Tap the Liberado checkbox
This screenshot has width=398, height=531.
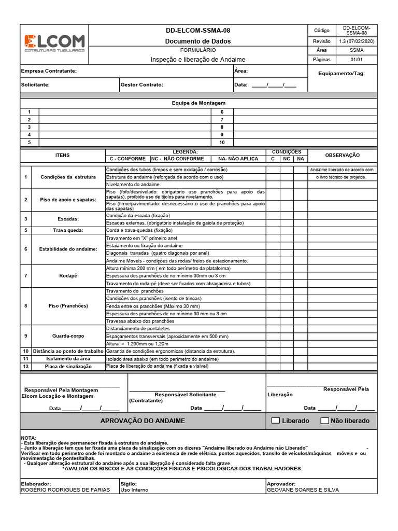pyautogui.click(x=276, y=421)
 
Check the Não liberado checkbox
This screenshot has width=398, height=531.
pyautogui.click(x=325, y=421)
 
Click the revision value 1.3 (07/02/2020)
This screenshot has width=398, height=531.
pyautogui.click(x=357, y=41)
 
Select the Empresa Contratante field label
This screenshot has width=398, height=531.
pyautogui.click(x=49, y=71)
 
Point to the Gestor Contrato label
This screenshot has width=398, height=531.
pyautogui.click(x=141, y=85)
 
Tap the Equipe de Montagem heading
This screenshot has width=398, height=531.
pyautogui.click(x=198, y=103)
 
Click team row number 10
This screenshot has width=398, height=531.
pyautogui.click(x=222, y=142)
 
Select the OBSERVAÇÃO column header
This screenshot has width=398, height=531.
pyautogui.click(x=342, y=155)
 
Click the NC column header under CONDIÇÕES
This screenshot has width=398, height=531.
pyautogui.click(x=286, y=159)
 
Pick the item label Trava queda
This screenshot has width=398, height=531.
pyautogui.click(x=68, y=230)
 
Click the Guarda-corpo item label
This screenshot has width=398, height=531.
pyautogui.click(x=68, y=336)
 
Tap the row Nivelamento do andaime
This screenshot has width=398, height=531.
pyautogui.click(x=134, y=184)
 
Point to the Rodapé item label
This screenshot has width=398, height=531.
pyautogui.click(x=68, y=276)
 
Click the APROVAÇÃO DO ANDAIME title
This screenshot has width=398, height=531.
pyautogui.click(x=143, y=421)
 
